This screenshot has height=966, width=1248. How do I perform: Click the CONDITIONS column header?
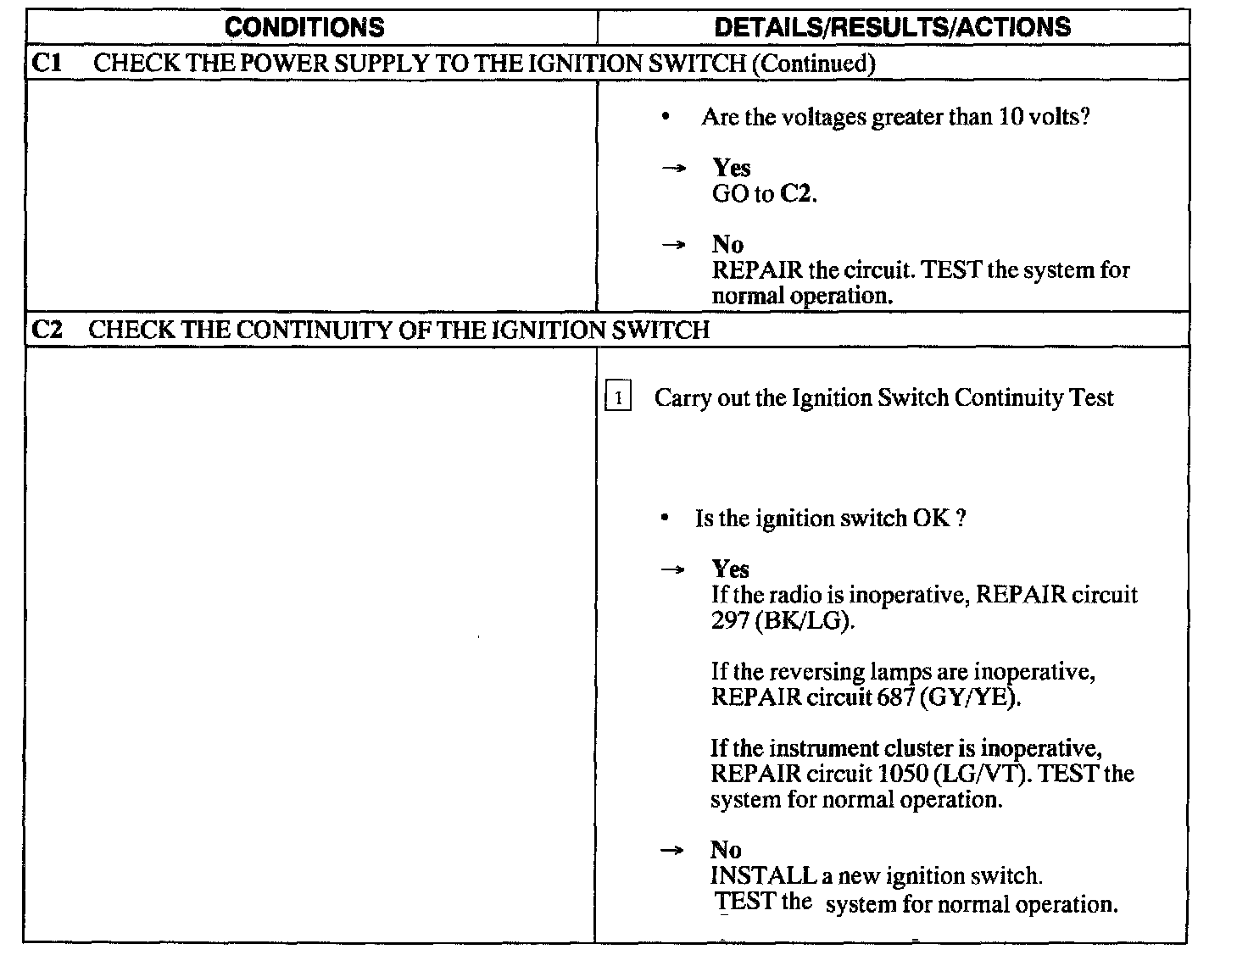[304, 27]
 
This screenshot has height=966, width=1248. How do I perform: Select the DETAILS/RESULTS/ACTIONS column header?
[893, 27]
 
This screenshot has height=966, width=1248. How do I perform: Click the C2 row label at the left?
[47, 330]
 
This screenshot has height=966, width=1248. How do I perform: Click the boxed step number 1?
[618, 397]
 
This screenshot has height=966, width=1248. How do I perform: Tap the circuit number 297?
[730, 620]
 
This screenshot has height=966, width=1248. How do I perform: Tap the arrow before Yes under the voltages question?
[672, 169]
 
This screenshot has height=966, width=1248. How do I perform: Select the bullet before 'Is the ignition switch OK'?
[667, 518]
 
